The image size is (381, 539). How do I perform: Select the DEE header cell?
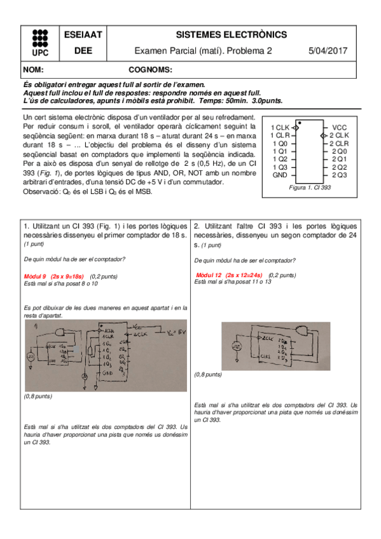78,51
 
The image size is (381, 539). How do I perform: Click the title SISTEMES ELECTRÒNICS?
230,35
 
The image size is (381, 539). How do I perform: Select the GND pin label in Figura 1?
280,175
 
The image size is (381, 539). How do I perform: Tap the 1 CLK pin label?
280,127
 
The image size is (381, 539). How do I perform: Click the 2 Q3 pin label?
339,175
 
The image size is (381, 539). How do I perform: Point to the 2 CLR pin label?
339,143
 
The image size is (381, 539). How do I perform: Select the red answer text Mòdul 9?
35,276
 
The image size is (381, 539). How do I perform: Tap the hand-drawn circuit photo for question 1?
104,356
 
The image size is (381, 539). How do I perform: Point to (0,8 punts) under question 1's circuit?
38,396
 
